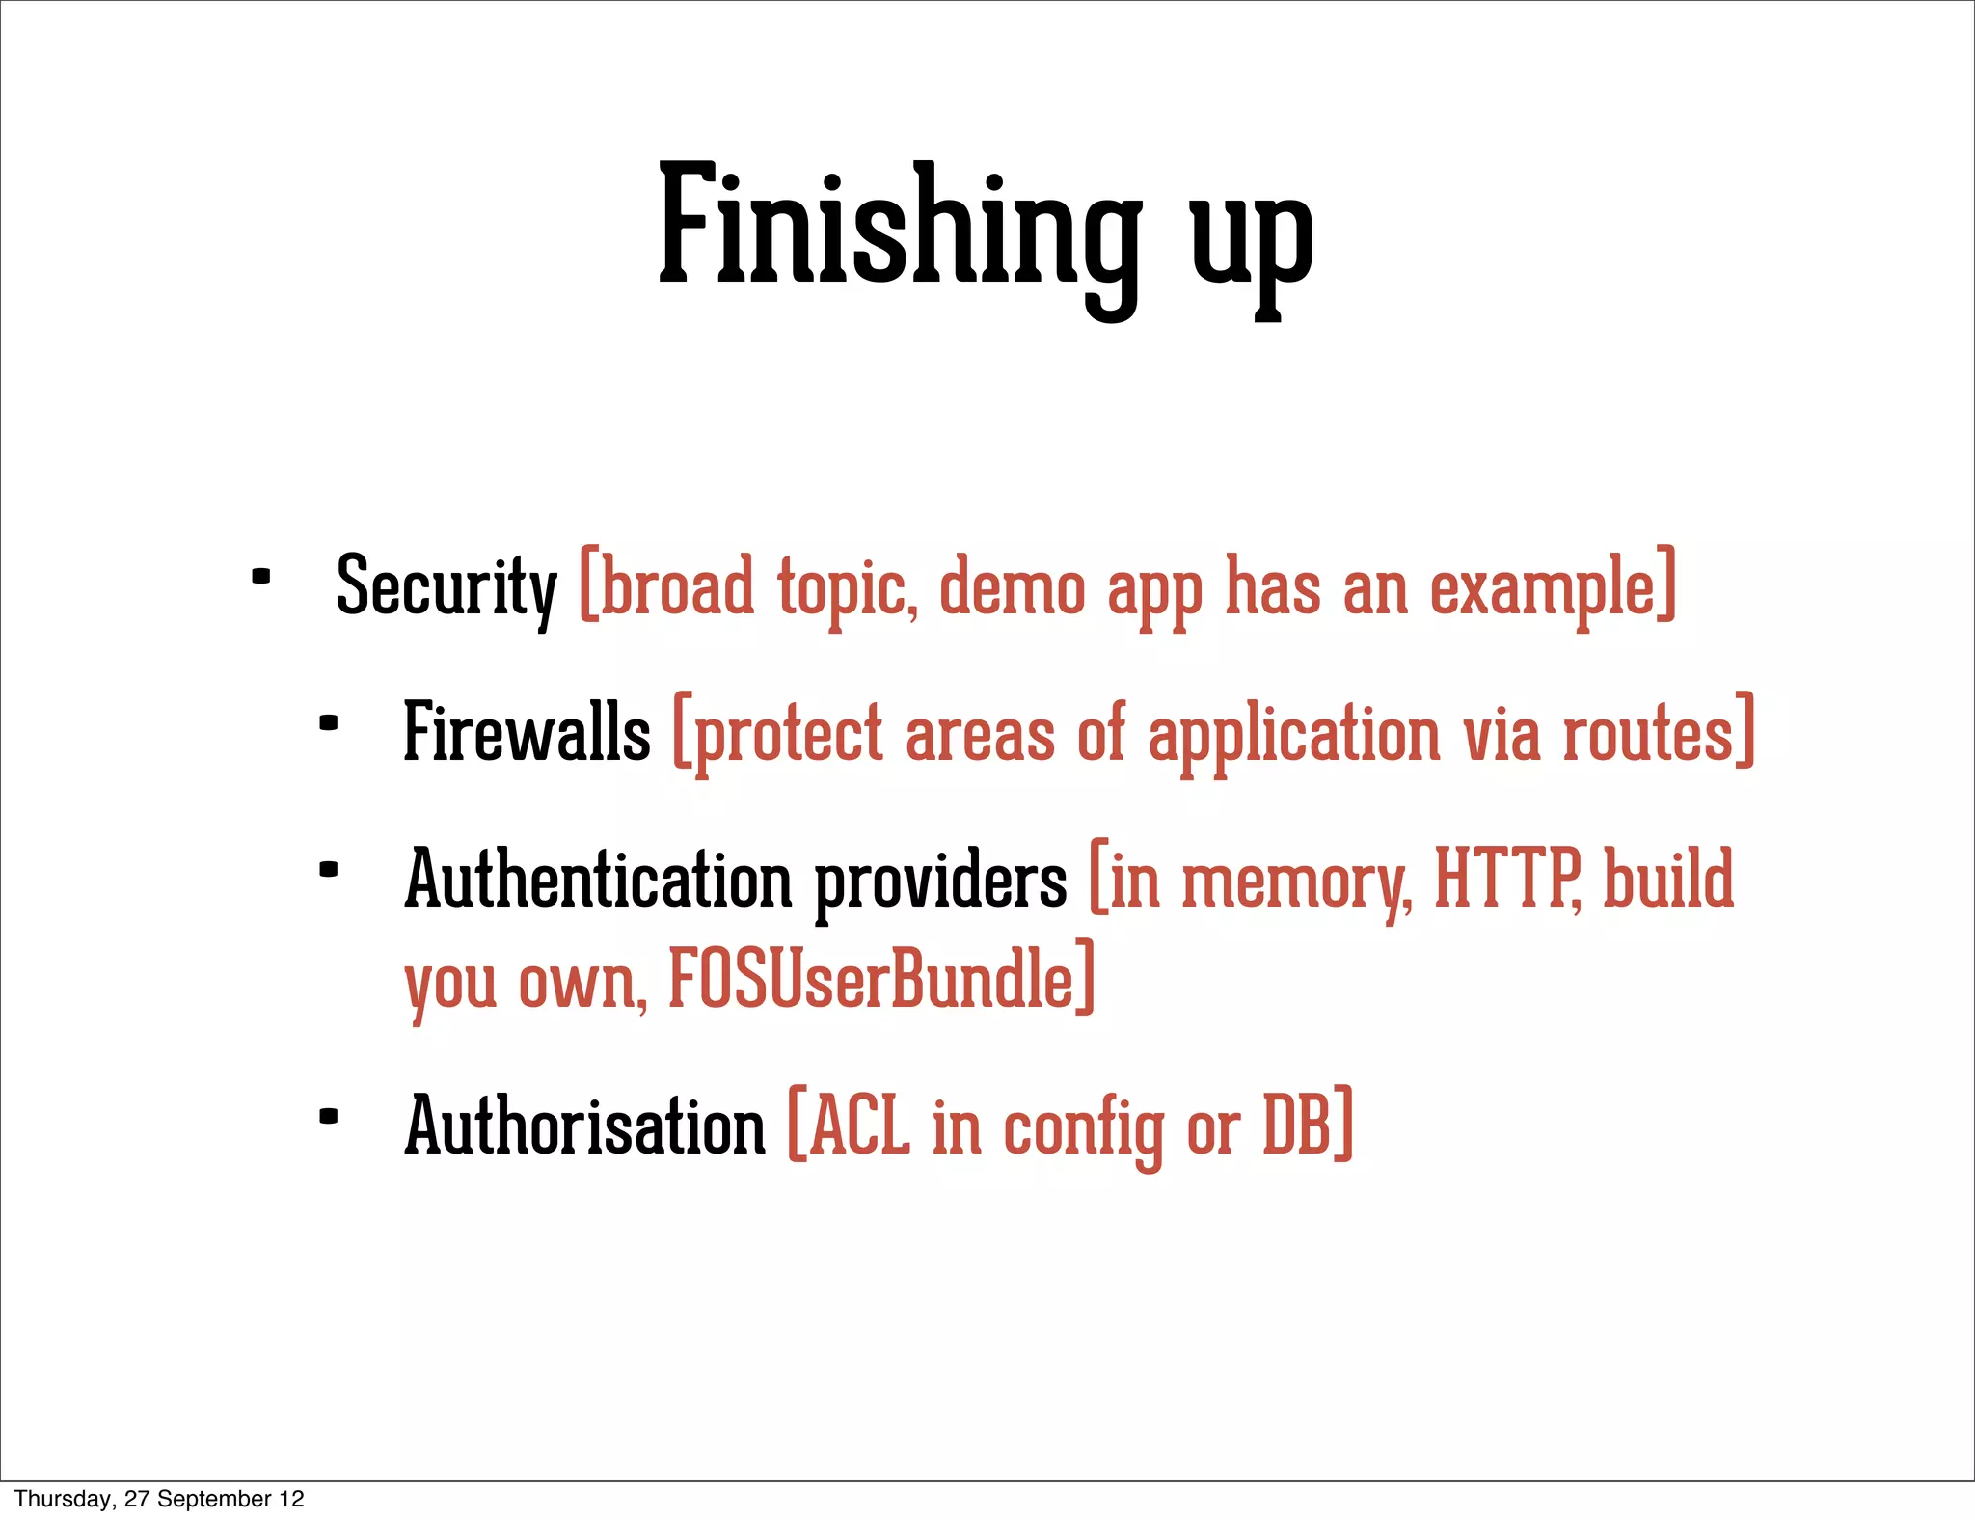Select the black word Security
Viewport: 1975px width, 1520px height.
coord(446,587)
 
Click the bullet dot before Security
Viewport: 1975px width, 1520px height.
coord(260,578)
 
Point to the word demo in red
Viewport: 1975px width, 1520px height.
coord(1012,587)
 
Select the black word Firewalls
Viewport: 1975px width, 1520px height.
coord(527,733)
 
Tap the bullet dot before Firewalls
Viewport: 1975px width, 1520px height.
coord(329,722)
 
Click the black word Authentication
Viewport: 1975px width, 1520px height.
coord(597,880)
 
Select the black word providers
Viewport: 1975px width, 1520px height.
coord(940,882)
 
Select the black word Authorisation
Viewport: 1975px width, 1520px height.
coord(584,1126)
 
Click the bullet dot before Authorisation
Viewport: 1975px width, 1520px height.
coord(329,1117)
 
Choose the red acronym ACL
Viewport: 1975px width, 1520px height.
coord(859,1126)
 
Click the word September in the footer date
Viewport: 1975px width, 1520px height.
coord(214,1499)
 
